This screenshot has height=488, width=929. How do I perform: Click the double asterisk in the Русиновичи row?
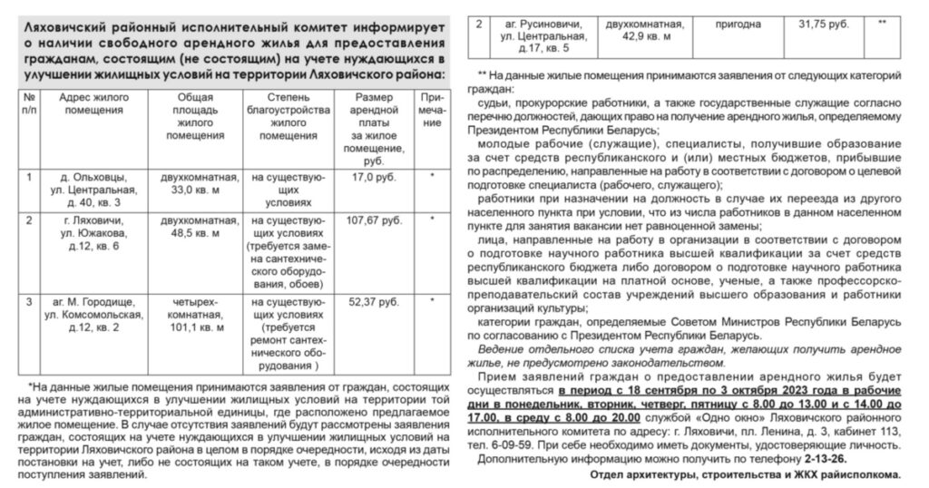point(882,21)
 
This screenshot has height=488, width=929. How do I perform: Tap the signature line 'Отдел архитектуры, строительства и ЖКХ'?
point(744,474)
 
